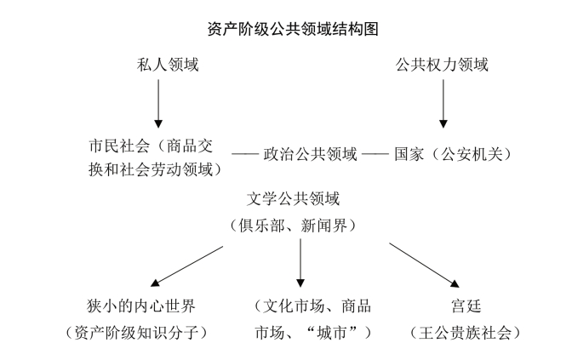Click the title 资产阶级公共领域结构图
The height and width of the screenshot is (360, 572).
pyautogui.click(x=286, y=28)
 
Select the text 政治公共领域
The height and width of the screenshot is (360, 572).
pyautogui.click(x=310, y=155)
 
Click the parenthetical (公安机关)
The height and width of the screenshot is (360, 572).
pyautogui.click(x=467, y=155)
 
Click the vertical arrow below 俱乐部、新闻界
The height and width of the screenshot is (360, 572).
pyautogui.click(x=300, y=264)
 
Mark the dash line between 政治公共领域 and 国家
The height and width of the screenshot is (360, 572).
pyautogui.click(x=375, y=156)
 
